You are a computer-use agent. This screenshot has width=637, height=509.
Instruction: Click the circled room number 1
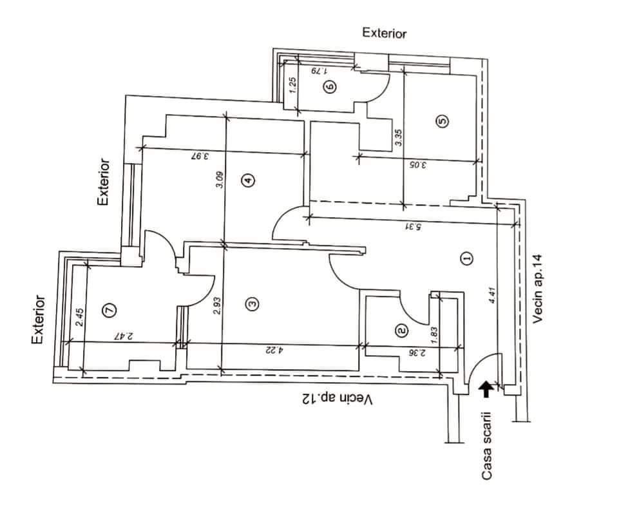tap(468, 258)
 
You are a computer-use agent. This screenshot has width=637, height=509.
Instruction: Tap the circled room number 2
tap(402, 330)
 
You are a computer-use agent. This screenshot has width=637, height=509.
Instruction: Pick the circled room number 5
tap(442, 120)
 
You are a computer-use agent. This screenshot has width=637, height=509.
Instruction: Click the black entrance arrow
tap(486, 387)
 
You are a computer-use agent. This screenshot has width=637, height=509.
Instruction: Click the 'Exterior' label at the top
tap(385, 34)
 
